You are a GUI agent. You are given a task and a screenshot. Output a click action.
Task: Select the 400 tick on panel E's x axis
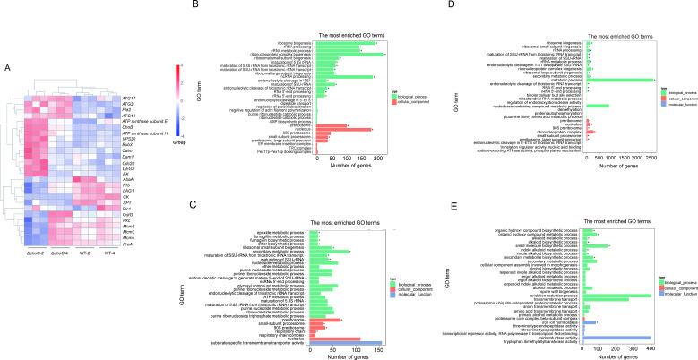click(x=652, y=347)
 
